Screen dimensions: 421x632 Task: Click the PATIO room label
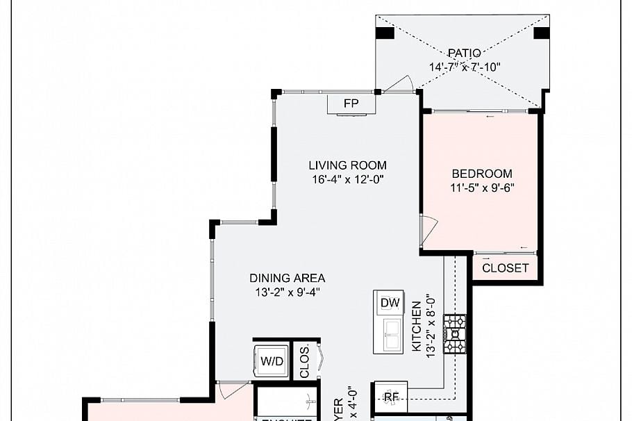coord(464,53)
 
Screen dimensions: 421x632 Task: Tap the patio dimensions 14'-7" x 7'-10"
coord(464,67)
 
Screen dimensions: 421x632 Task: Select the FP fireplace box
coord(351,104)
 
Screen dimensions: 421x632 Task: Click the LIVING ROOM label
coord(347,165)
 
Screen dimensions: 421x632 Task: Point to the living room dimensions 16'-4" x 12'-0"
coord(347,179)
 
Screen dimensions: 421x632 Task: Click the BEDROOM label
coord(482,174)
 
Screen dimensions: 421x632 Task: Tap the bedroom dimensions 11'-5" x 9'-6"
coord(482,188)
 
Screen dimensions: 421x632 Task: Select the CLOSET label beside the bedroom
coord(505,267)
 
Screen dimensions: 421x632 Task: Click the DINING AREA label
coord(277,278)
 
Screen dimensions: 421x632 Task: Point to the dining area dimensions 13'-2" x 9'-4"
coord(277,292)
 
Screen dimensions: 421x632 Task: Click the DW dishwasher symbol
coord(389,302)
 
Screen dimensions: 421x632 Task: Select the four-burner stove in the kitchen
coord(455,334)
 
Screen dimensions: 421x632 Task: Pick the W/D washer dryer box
coord(271,361)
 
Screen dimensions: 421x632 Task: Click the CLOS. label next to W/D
coord(304,361)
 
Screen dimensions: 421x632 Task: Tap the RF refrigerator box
coord(391,397)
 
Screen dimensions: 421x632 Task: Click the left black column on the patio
coord(385,33)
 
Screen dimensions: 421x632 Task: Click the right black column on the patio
coord(541,33)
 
